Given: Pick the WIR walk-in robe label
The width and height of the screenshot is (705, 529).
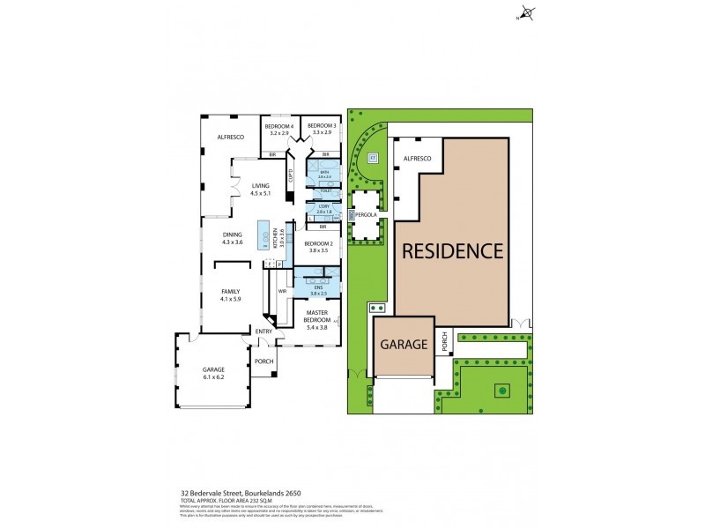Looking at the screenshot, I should point(283,290).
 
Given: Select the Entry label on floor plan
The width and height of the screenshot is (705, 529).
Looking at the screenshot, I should point(263,331).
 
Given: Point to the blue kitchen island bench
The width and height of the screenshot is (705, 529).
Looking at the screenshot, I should point(263,235).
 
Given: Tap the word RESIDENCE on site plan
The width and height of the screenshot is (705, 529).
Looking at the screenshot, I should point(452,250).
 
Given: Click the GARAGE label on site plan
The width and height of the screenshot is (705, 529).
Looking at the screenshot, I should point(404,345).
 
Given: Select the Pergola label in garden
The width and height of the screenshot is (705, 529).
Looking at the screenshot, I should point(366,213).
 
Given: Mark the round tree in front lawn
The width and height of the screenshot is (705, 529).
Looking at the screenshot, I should point(501,389).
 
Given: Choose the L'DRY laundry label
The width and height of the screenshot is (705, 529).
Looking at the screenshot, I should point(323,209).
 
